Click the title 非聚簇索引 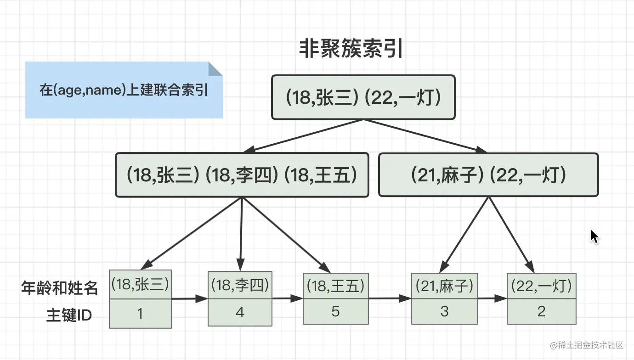(351, 49)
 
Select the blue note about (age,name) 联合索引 (124, 90)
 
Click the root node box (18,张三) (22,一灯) (363, 98)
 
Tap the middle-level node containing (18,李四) (242, 175)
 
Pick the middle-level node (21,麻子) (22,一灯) (488, 175)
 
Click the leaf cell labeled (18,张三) (140, 285)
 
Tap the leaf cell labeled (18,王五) (335, 286)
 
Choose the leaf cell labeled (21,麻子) (444, 286)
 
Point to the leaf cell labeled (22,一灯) (541, 286)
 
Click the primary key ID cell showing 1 (140, 314)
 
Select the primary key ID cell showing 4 (240, 312)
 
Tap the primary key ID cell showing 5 (335, 311)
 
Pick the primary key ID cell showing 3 (444, 311)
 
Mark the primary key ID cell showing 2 (541, 311)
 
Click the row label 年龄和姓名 (59, 288)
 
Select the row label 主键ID (68, 315)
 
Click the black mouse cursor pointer (594, 236)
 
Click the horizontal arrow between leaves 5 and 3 (390, 298)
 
